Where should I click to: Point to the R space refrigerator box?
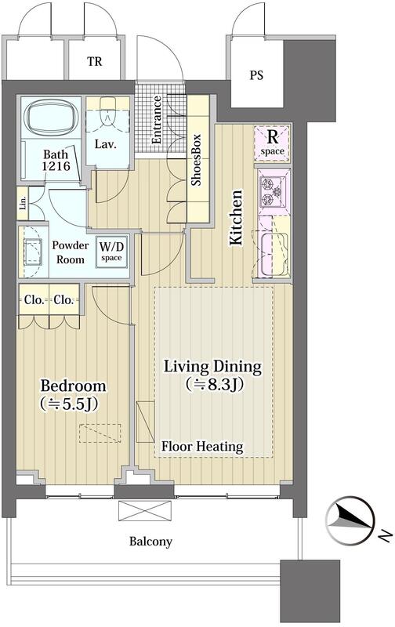point(272,143)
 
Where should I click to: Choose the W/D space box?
point(111,252)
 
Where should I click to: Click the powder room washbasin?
point(33,252)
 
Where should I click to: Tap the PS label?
point(256,75)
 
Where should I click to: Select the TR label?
point(95,62)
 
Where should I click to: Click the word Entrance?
point(156,120)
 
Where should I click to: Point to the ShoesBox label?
point(196,160)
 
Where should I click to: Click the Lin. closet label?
point(23,204)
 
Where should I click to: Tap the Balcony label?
point(150,542)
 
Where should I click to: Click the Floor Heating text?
point(202,446)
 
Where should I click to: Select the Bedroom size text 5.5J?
point(69,404)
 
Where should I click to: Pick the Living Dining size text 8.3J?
point(214,384)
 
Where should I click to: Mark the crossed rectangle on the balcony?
point(145,511)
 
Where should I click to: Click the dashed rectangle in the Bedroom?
point(100,433)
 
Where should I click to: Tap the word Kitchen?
point(236,218)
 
